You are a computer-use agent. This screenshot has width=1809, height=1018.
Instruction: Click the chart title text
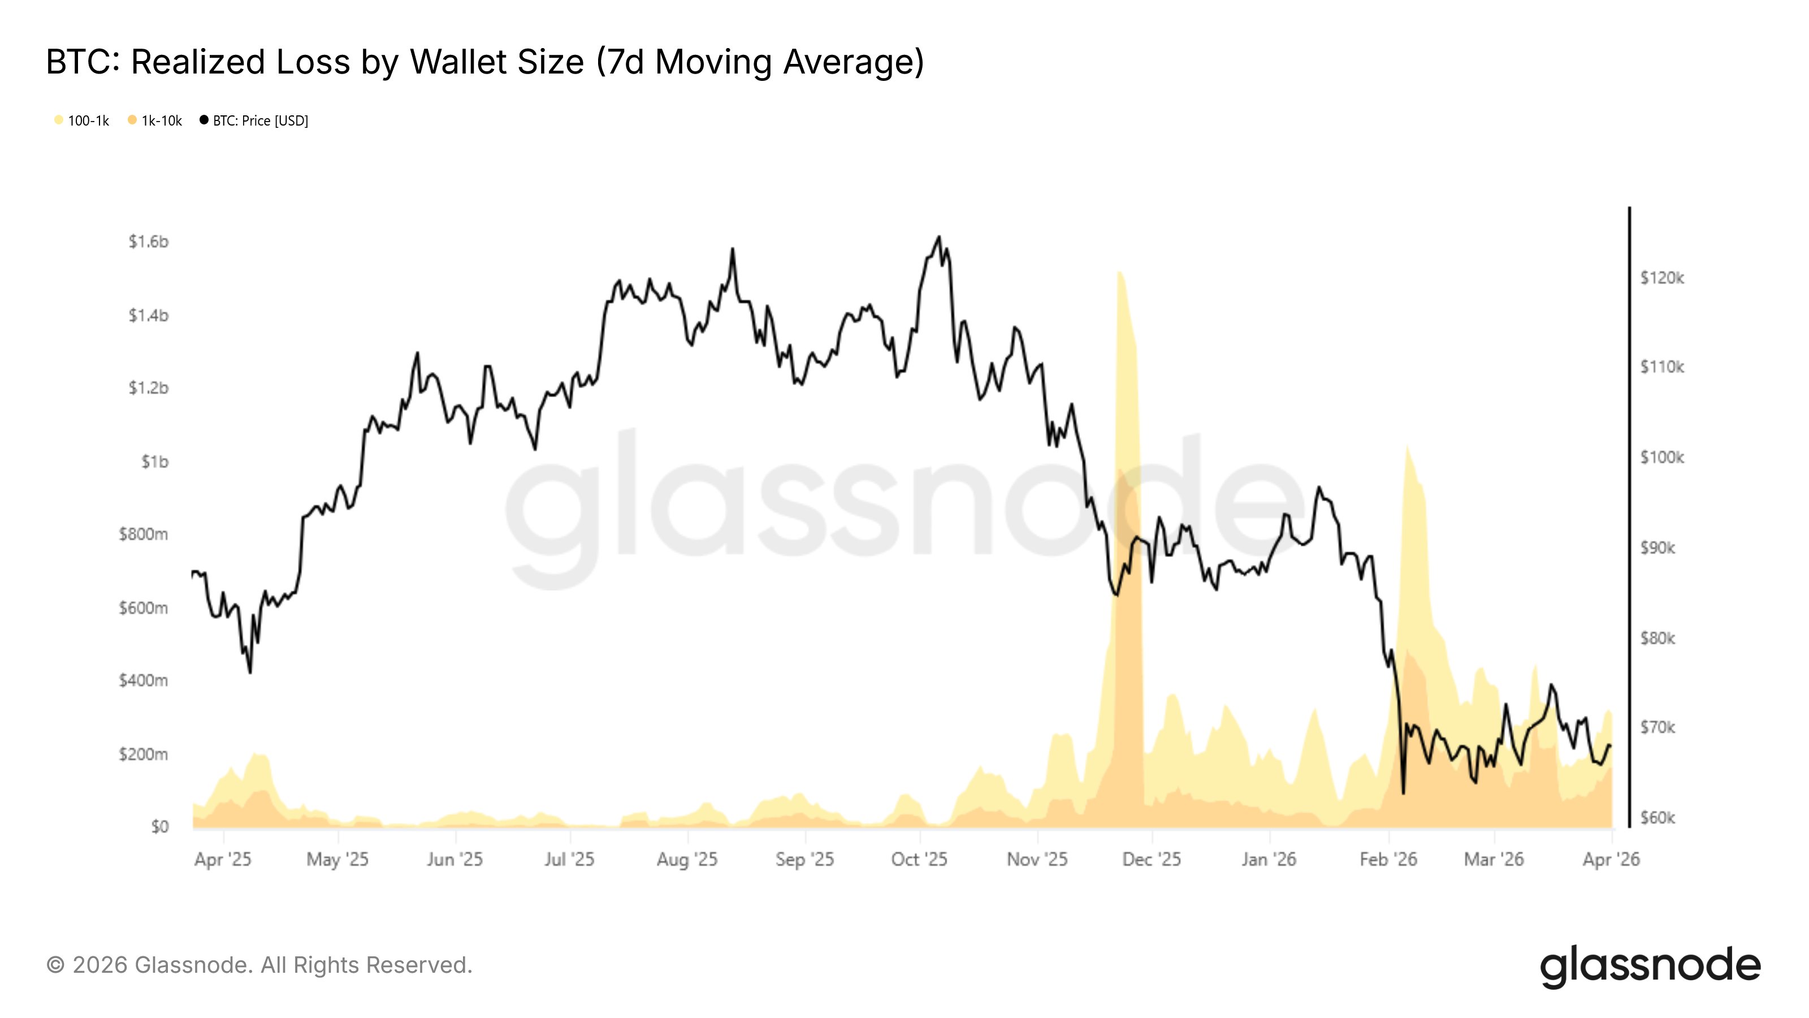(484, 62)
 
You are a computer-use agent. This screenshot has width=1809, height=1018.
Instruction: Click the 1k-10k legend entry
(155, 121)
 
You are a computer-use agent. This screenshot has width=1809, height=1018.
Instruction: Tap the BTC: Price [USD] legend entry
(254, 121)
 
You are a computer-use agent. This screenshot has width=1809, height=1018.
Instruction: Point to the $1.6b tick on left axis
(148, 241)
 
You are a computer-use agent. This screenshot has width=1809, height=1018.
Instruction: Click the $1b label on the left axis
(154, 461)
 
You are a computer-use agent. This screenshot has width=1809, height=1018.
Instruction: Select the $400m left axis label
(143, 680)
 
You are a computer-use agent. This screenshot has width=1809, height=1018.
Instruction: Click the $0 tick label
(159, 826)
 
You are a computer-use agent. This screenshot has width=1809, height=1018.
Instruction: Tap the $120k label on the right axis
(1661, 278)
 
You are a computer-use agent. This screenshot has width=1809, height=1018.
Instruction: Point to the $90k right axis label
(1657, 548)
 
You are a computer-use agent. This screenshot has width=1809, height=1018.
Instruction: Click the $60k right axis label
(1657, 818)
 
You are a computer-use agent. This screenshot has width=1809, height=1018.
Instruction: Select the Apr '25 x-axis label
(223, 859)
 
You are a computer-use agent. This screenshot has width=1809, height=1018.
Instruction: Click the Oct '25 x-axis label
(919, 859)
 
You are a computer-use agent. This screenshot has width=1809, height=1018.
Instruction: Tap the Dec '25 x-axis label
(1151, 859)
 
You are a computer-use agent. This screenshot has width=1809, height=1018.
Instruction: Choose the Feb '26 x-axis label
(1388, 859)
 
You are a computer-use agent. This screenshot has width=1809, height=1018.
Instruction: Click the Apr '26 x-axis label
(1610, 859)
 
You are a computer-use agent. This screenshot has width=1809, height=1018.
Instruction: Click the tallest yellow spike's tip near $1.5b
(1118, 272)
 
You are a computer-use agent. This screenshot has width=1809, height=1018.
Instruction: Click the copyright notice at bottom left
(259, 965)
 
